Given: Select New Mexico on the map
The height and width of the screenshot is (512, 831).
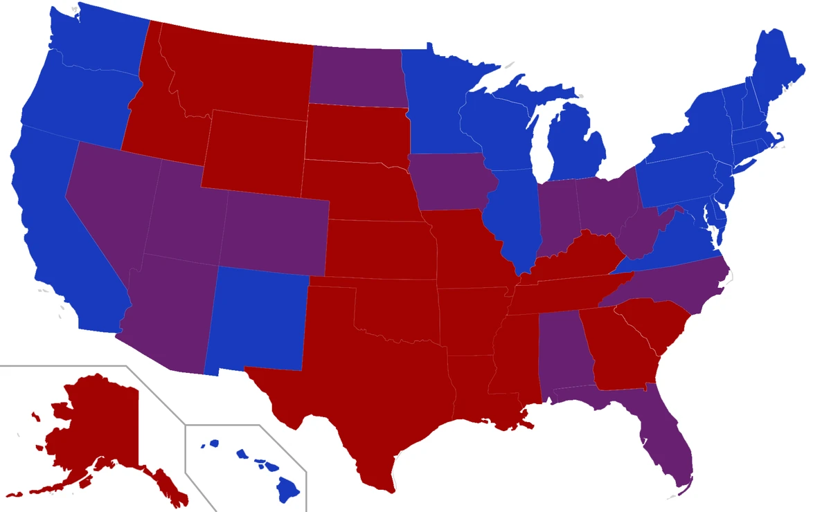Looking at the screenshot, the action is (260, 318).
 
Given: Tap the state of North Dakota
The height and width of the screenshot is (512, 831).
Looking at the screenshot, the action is (357, 76).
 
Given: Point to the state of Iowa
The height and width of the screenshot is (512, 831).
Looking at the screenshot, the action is (450, 183).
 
